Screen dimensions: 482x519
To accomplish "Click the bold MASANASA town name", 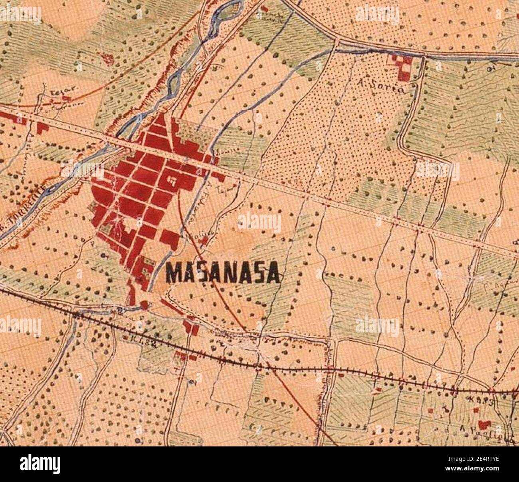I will click(x=222, y=274).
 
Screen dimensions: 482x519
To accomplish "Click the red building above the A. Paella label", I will click(x=484, y=424).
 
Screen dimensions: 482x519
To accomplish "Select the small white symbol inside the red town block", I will click(x=172, y=181).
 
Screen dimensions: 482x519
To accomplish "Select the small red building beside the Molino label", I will click(x=205, y=241).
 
